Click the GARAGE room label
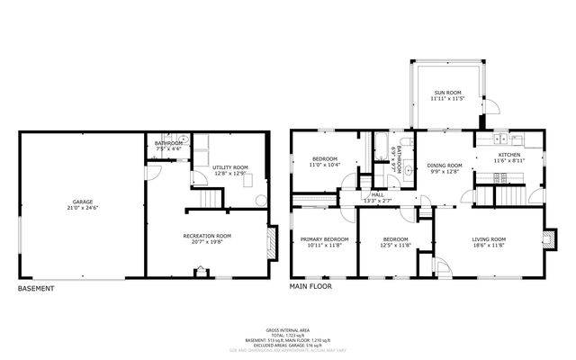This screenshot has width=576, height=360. (x=82, y=202)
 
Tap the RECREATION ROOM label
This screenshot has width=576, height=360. (x=207, y=236)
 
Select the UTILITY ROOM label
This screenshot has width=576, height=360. (x=229, y=167)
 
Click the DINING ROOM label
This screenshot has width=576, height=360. (x=445, y=166)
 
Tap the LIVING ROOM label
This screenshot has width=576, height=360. (x=490, y=239)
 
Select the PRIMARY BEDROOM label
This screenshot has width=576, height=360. (x=323, y=239)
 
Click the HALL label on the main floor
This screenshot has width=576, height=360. (x=378, y=194)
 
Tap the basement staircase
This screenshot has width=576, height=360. (x=209, y=199)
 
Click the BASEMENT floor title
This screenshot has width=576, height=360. (x=36, y=289)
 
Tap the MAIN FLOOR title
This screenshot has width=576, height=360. (x=310, y=287)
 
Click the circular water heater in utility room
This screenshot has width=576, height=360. (x=260, y=200)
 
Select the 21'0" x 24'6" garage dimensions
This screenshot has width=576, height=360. (x=82, y=208)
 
